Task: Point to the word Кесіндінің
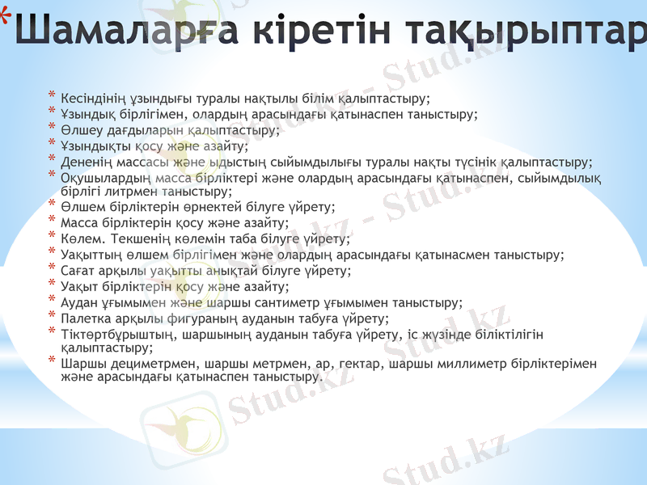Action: point(94,99)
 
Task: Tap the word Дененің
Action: point(86,161)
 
